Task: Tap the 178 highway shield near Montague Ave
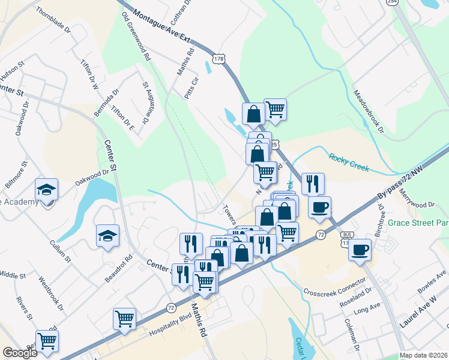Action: [218, 59]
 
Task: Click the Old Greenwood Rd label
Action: [135, 37]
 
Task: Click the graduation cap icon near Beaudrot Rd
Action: [108, 235]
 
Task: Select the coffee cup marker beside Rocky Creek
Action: [319, 206]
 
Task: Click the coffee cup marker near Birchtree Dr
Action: [360, 249]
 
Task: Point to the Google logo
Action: [20, 353]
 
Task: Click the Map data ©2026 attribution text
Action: [424, 355]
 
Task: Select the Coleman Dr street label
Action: [351, 335]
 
